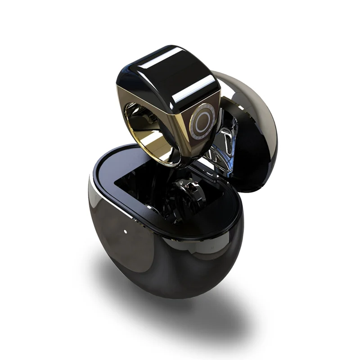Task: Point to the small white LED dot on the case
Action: pyautogui.click(x=125, y=233)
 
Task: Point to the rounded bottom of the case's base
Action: pyautogui.click(x=171, y=274)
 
